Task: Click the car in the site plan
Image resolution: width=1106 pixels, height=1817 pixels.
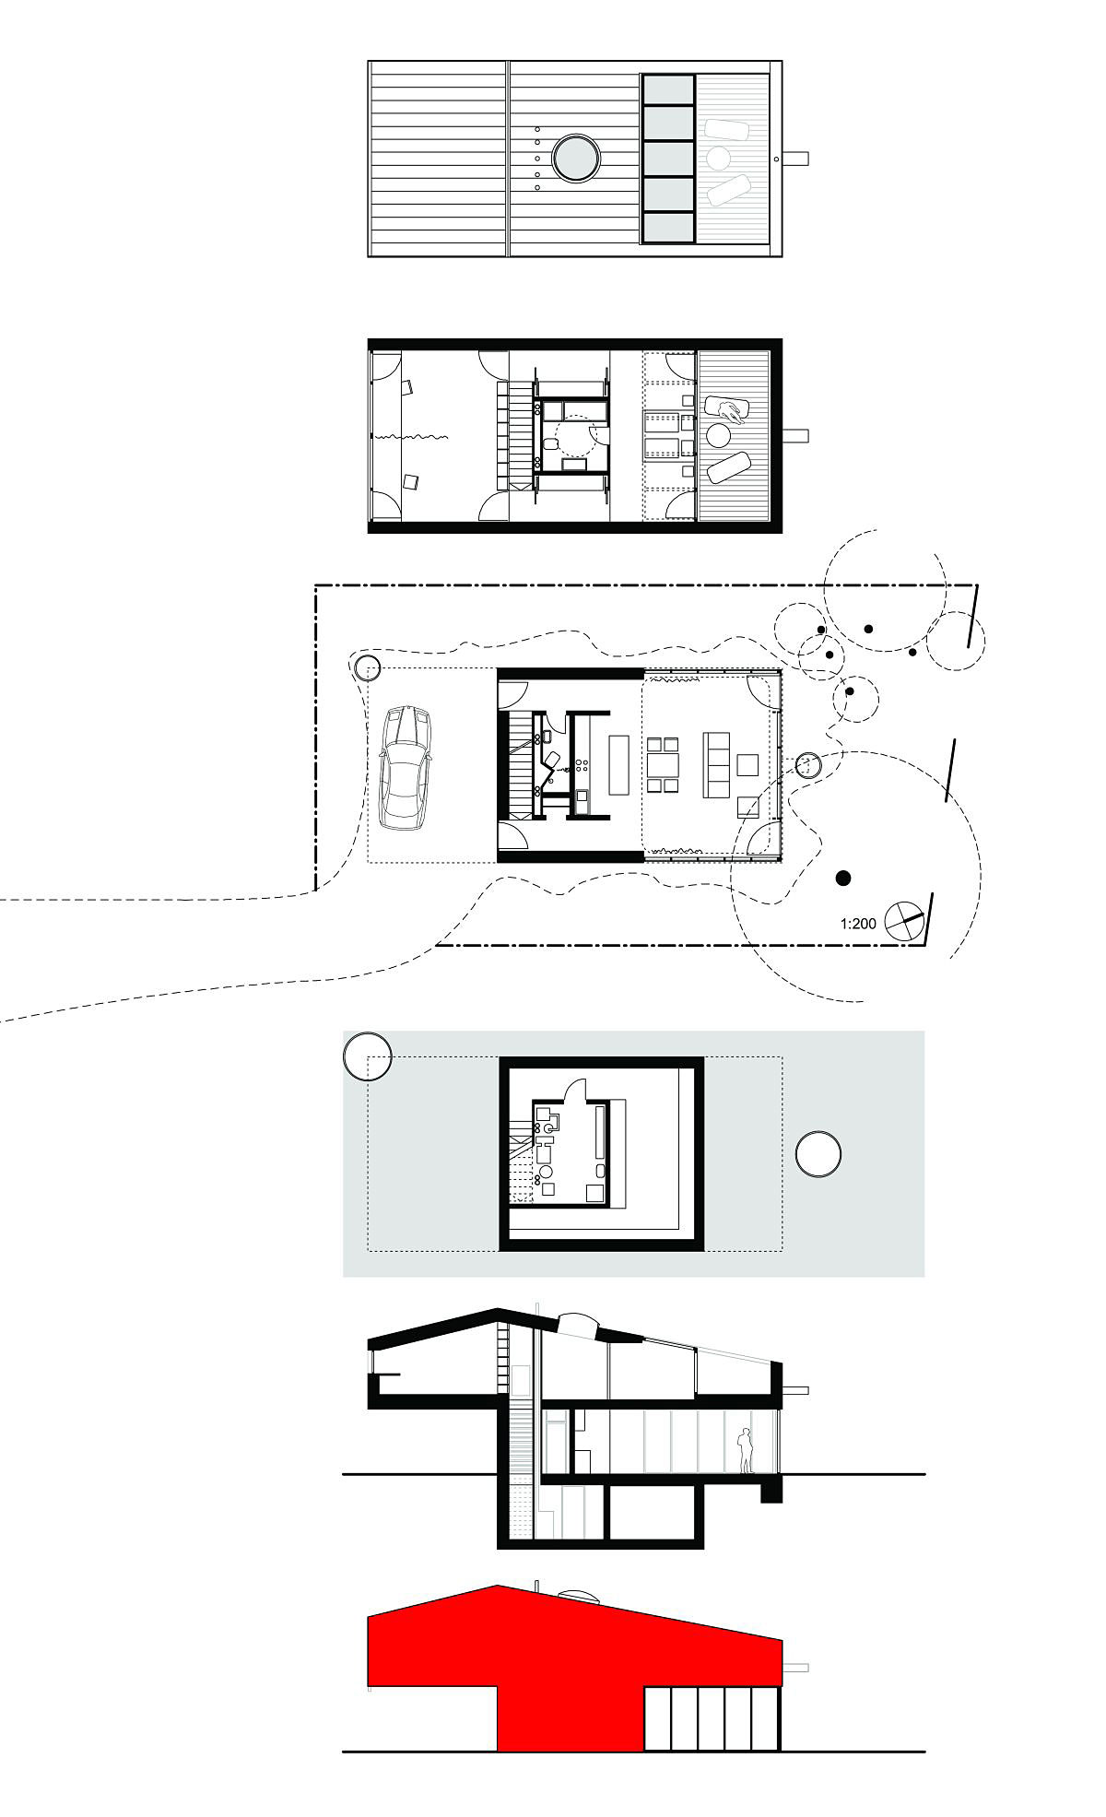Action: (406, 768)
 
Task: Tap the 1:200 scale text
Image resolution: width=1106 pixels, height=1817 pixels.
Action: (858, 923)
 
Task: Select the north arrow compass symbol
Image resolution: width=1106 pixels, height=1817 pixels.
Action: (903, 921)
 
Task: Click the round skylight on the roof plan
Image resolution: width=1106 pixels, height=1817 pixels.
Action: (576, 159)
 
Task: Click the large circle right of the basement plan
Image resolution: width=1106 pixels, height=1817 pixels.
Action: (818, 1154)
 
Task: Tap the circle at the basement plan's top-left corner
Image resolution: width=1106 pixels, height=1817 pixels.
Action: (368, 1056)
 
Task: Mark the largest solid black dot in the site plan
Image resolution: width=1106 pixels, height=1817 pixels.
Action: (842, 878)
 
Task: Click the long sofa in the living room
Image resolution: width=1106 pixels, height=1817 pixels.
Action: (717, 764)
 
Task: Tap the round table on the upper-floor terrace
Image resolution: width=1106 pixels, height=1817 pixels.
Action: (718, 435)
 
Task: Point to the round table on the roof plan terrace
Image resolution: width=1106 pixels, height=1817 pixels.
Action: (718, 159)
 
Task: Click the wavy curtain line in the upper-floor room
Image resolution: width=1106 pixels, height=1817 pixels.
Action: (409, 436)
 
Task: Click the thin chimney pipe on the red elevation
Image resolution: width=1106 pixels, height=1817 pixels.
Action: (536, 1584)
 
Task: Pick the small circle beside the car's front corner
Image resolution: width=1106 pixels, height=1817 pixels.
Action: (368, 667)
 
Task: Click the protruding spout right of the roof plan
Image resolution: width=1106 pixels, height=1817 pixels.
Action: (795, 159)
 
